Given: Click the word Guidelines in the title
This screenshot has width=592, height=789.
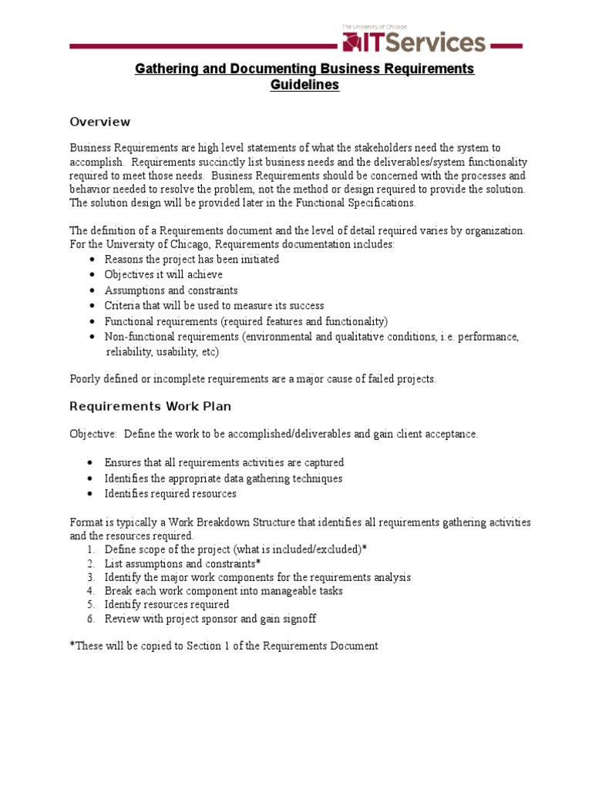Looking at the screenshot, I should [304, 85].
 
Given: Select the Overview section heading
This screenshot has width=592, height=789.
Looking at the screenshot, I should [99, 122].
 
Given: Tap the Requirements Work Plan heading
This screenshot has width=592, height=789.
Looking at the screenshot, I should [150, 406].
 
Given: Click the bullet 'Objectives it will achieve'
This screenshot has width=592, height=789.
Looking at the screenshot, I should [163, 275].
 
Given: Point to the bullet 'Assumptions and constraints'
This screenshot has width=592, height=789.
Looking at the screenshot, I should [171, 290].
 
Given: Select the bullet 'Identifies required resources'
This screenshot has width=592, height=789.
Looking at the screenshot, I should [170, 494].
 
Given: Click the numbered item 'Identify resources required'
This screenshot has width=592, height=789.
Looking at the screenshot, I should [166, 605].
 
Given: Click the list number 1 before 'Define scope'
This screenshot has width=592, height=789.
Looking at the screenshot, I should [89, 549].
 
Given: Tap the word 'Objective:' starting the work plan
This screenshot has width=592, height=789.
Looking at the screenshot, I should [93, 434].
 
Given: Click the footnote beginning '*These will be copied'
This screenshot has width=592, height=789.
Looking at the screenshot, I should [224, 646].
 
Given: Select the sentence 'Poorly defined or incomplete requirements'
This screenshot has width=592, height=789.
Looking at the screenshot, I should [253, 378].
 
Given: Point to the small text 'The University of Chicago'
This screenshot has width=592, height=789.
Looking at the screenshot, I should [374, 26].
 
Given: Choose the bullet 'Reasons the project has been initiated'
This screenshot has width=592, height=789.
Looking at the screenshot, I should [192, 260].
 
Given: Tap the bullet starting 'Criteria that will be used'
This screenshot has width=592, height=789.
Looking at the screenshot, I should [214, 306].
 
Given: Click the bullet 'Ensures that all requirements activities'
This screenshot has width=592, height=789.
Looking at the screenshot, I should [224, 462].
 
